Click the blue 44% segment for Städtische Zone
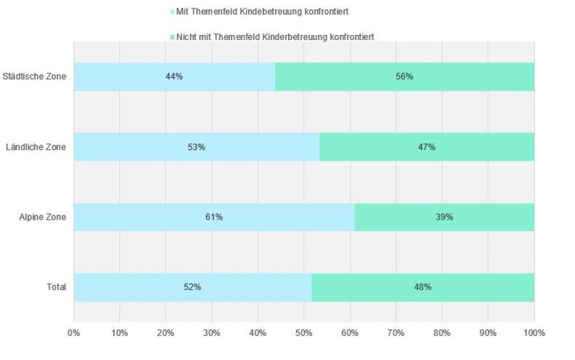174,76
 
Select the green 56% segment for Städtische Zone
405,76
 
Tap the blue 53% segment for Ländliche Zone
196,147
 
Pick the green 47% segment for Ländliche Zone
426,147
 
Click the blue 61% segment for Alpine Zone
214,217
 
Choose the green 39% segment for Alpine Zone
444,217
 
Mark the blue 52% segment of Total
192,287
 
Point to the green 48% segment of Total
422,287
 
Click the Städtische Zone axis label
34,76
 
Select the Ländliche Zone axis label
36,147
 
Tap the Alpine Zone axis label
43,217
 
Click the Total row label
56,287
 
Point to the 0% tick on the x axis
74,332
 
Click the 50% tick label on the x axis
304,332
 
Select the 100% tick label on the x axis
534,332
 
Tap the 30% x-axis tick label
212,332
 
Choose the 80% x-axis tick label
442,332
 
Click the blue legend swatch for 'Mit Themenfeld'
172,13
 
